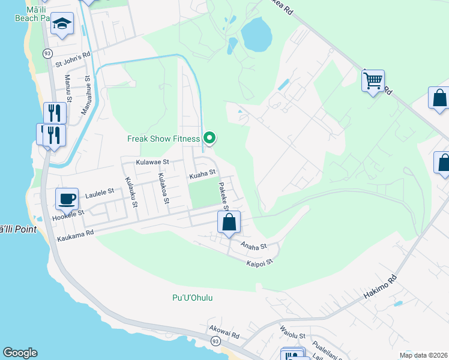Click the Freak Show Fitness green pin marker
pos(209,138)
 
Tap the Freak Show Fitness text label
pos(163,139)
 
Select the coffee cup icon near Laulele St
pos(67,199)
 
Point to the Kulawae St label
pos(152,162)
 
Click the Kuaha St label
pos(202,175)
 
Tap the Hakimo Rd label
pos(381,287)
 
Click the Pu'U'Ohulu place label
pos(193,298)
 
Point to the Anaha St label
pos(253,245)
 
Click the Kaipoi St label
pos(260,262)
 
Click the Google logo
pos(20,353)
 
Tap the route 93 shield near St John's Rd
pos(47,53)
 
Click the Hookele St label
pos(71,212)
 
